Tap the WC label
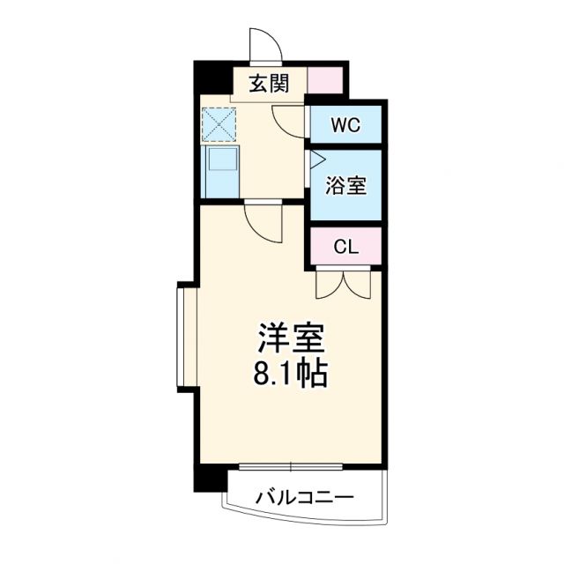(x=345, y=124)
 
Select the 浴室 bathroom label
(x=345, y=186)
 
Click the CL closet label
(x=345, y=248)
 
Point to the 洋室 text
(x=292, y=340)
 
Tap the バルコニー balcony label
(x=305, y=498)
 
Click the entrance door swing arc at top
(x=263, y=44)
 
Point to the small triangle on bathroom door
(x=317, y=160)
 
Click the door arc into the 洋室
(x=265, y=223)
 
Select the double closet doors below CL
(x=345, y=284)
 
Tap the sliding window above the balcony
(x=290, y=464)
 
